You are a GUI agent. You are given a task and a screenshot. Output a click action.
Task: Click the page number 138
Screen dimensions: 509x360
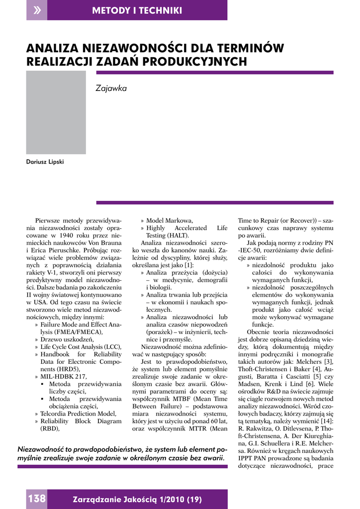[37, 499]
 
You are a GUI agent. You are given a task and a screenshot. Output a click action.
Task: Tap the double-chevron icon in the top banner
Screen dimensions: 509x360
[37, 10]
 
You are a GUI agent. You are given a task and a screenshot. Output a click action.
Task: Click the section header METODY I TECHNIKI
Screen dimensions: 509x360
[137, 10]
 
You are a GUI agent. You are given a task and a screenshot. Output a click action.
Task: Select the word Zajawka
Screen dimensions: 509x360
[111, 88]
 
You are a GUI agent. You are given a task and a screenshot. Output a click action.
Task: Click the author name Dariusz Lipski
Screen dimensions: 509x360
[45, 162]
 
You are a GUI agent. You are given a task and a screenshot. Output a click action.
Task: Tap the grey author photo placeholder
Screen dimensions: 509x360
[56, 112]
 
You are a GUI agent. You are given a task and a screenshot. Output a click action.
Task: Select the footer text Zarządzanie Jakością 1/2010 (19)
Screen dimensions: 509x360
[137, 499]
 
